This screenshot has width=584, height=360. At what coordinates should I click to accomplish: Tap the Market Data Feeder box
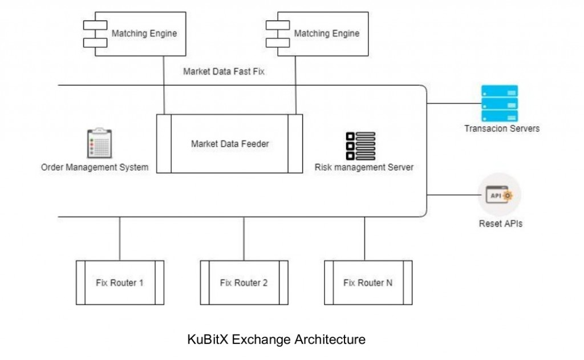[x=230, y=144]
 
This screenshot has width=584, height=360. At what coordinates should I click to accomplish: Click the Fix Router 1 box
[x=120, y=282]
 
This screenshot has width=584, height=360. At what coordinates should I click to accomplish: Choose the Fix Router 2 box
[x=244, y=282]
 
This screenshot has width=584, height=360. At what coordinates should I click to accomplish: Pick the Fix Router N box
[x=368, y=282]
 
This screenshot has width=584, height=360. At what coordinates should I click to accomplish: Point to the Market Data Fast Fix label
[x=224, y=72]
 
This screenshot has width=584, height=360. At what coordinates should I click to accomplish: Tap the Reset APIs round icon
[x=500, y=196]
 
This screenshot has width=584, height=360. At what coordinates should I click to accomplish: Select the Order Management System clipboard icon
[x=97, y=143]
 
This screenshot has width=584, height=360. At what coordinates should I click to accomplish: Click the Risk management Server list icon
[x=361, y=146]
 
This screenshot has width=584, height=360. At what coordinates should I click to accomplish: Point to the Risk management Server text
[x=364, y=168]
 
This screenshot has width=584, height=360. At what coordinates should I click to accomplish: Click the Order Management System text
[x=95, y=168]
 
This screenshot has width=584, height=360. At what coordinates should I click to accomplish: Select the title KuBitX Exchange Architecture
[x=276, y=339]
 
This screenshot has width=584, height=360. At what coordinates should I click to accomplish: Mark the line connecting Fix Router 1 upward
[x=120, y=238]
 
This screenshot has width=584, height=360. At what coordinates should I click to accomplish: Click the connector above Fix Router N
[x=365, y=238]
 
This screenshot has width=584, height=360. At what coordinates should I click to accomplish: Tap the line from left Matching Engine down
[x=164, y=86]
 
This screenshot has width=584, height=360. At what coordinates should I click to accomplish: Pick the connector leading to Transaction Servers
[x=454, y=104]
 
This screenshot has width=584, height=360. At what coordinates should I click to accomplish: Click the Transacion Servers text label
[x=502, y=128]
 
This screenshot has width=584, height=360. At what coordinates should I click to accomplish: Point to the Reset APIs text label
[x=500, y=224]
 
